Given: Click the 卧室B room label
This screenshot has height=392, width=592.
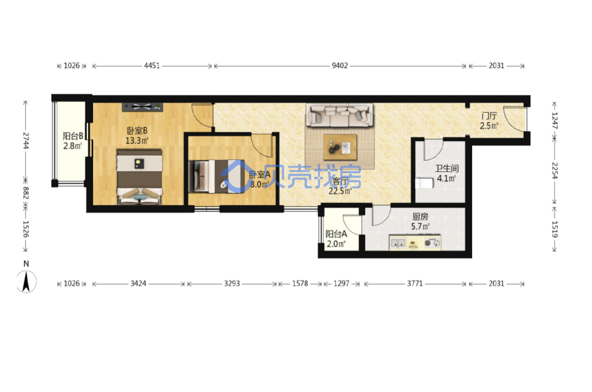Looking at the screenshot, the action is pyautogui.click(x=137, y=131).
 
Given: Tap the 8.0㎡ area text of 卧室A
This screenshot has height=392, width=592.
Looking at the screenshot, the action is pyautogui.click(x=259, y=184).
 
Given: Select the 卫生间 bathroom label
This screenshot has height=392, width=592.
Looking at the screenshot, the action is pyautogui.click(x=447, y=168).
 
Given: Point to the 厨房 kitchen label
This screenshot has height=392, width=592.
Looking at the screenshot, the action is pyautogui.click(x=420, y=217).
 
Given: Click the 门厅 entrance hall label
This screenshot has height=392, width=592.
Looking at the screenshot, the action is pyautogui.click(x=489, y=116).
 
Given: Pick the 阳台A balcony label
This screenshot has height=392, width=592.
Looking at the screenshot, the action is pyautogui.click(x=336, y=234).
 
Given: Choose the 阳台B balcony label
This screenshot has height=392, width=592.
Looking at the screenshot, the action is pyautogui.click(x=73, y=136).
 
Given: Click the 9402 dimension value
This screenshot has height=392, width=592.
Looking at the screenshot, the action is pyautogui.click(x=340, y=66).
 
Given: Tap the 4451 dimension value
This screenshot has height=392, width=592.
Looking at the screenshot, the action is pyautogui.click(x=152, y=66).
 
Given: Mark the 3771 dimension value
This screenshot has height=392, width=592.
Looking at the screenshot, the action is pyautogui.click(x=415, y=284).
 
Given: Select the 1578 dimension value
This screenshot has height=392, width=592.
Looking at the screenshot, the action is pyautogui.click(x=300, y=284).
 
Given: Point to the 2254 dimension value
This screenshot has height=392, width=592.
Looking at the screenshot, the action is pyautogui.click(x=555, y=171).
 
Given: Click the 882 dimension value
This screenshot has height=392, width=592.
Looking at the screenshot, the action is pyautogui.click(x=26, y=193).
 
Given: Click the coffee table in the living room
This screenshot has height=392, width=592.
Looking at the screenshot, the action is pyautogui.click(x=340, y=147).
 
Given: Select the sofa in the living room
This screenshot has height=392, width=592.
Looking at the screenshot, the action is pyautogui.click(x=339, y=115).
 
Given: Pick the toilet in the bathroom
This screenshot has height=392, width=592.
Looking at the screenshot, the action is pyautogui.click(x=424, y=183).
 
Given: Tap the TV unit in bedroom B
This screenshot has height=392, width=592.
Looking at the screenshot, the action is pyautogui.click(x=142, y=107).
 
